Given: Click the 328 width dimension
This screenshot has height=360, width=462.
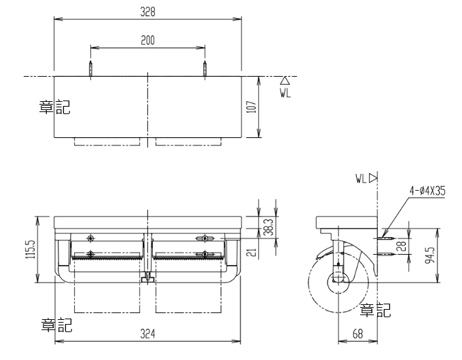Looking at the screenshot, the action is point(147,12).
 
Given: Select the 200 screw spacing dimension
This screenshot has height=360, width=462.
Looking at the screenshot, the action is point(147,40).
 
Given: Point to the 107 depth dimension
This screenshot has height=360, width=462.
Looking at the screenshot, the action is point(251,107).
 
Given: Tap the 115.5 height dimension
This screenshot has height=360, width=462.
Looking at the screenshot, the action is point(31,249).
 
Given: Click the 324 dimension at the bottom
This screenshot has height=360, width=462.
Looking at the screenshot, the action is point(147,334).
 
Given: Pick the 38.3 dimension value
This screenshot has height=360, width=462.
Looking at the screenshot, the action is point(268,227).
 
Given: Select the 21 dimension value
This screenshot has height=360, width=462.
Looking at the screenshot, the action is point(252,253).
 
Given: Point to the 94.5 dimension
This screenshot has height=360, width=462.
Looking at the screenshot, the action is point(431,255).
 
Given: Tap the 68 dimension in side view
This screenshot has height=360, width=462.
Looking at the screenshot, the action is point(357,334).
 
